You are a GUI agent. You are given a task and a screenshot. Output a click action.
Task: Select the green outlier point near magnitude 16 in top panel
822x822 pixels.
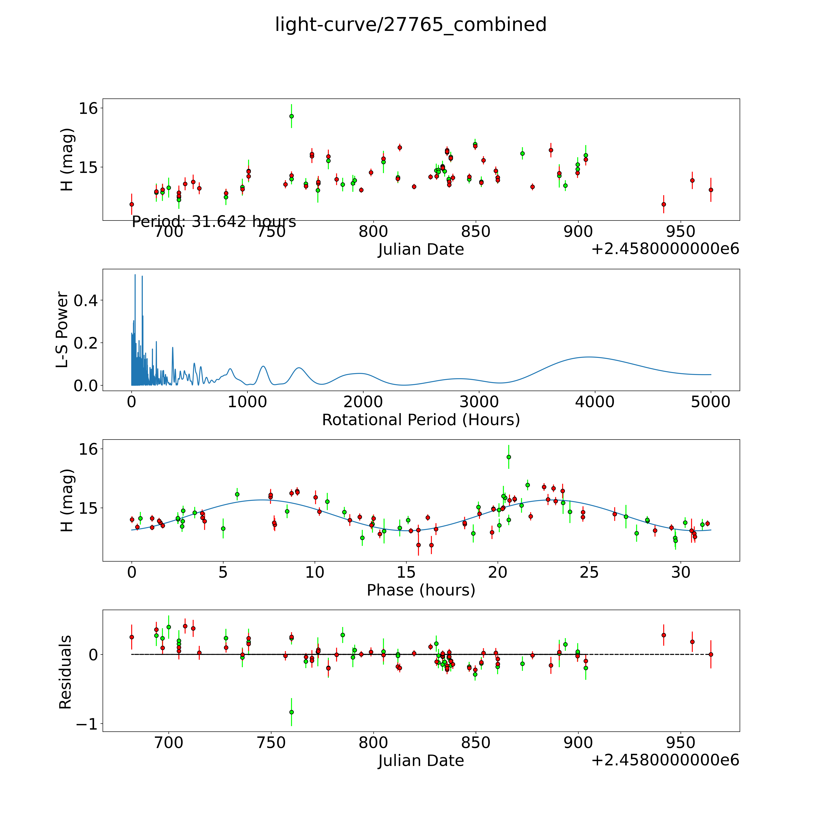[x=292, y=116]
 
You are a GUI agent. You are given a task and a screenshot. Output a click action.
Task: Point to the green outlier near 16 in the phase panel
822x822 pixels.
[x=508, y=457]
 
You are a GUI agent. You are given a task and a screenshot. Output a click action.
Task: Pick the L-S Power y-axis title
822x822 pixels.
[x=63, y=330]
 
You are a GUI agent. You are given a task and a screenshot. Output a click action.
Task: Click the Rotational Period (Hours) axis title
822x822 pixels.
[x=421, y=420]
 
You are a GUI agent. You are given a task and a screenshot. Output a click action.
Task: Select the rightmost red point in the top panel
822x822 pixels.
[x=711, y=190]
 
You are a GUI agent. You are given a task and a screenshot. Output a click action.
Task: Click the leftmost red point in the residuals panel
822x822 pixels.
[x=132, y=637]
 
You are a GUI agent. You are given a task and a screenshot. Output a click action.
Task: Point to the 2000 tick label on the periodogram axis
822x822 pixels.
[x=363, y=402]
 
